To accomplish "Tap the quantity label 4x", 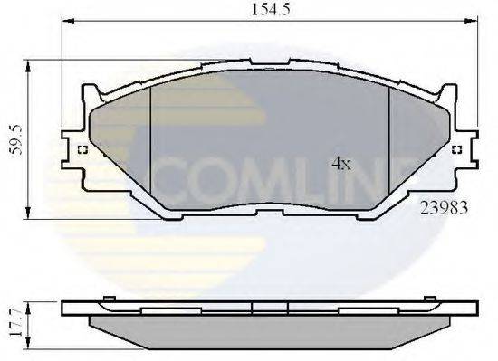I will [x=340, y=164].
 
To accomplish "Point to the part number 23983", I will [x=444, y=206].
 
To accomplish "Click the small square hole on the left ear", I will [x=82, y=150].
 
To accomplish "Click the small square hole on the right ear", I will [x=456, y=150].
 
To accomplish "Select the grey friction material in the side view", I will [x=272, y=325].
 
